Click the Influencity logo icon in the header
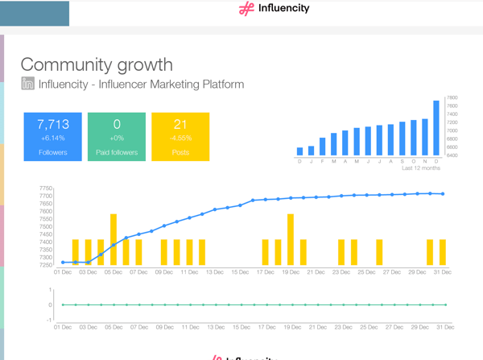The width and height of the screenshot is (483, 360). (x=246, y=10)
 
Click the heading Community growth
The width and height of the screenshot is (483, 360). (x=97, y=64)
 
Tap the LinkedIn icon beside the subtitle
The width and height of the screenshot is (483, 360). (x=27, y=84)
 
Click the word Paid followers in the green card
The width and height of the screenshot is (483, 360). (x=117, y=151)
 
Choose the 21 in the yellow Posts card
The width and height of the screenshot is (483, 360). (x=180, y=124)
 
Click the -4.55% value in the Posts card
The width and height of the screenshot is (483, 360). (x=180, y=138)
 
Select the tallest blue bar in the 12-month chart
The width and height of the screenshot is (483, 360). (x=436, y=127)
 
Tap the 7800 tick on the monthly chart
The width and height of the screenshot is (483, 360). (x=452, y=97)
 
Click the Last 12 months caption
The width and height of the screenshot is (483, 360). (x=420, y=168)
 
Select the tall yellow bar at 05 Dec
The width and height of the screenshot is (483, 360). (x=114, y=239)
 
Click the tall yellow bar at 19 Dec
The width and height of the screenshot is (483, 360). (x=291, y=239)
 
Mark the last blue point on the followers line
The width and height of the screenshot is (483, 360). (x=443, y=193)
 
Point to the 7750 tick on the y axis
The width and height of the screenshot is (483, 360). (x=46, y=188)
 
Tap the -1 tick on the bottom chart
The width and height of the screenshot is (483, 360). (x=49, y=320)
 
